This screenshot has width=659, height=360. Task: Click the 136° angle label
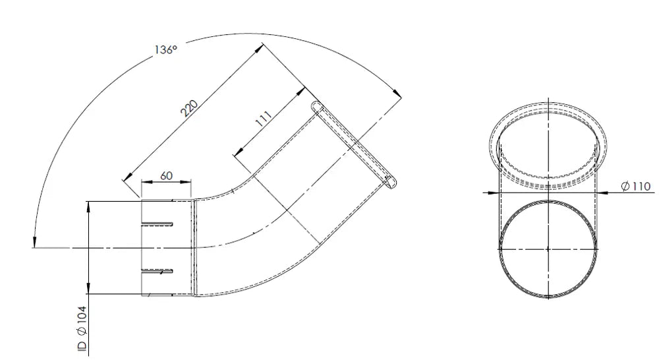tap(165, 49)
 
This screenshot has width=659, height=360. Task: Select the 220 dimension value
tap(189, 107)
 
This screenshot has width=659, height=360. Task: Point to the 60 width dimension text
tap(167, 175)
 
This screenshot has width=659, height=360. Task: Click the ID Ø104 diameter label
tap(82, 328)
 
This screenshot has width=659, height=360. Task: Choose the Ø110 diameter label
tap(635, 186)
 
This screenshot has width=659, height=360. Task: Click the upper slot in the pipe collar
tap(158, 224)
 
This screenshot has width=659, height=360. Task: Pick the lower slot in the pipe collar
tap(158, 271)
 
